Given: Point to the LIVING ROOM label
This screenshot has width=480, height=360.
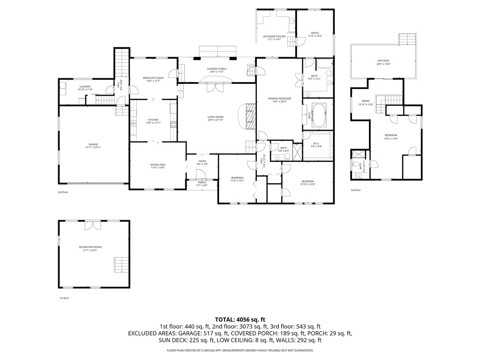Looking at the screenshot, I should click(x=216, y=118).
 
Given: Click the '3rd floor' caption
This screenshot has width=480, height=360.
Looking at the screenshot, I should click(x=356, y=190).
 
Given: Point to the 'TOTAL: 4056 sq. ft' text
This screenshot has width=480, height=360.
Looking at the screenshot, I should click(x=240, y=319).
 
